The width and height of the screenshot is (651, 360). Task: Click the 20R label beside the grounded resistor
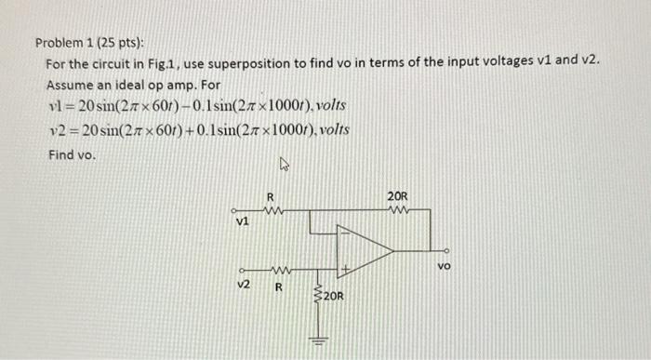pyautogui.click(x=334, y=297)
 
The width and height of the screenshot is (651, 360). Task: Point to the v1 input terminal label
pyautogui.click(x=242, y=223)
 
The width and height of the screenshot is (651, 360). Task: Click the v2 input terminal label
pyautogui.click(x=243, y=283)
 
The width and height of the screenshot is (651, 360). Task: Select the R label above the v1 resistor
pyautogui.click(x=270, y=197)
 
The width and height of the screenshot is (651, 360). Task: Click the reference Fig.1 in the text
pyautogui.click(x=160, y=62)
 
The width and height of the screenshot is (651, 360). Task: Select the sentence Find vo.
pyautogui.click(x=72, y=154)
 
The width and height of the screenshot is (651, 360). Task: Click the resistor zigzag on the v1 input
pyautogui.click(x=272, y=210)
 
